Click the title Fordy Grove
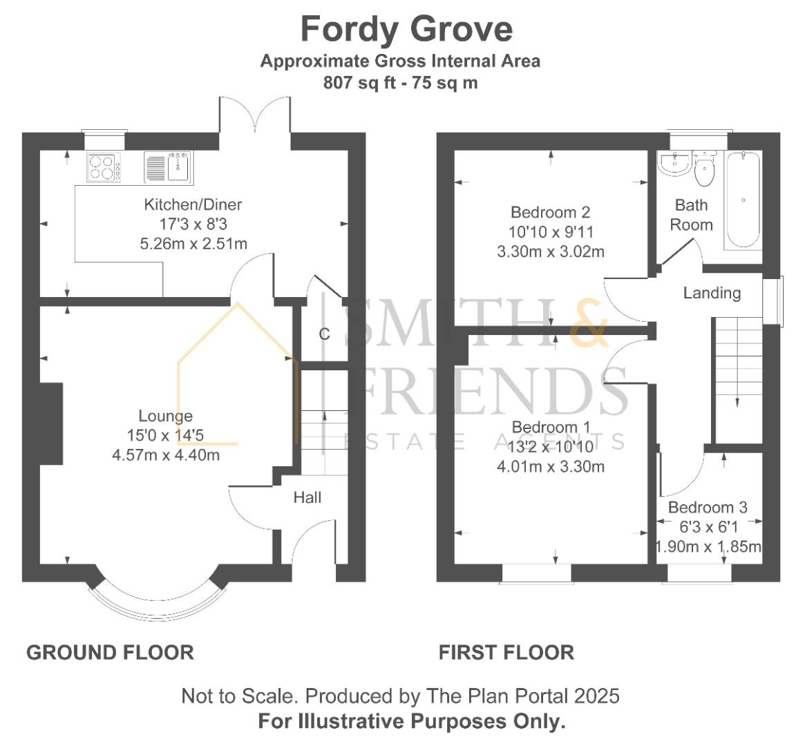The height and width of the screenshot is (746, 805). point(406,29)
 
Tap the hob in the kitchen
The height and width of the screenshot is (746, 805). point(105,167)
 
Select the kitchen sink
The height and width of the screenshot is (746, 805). point(169,167)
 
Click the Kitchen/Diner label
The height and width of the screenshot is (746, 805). point(193,204)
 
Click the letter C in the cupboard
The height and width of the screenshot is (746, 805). point(324,334)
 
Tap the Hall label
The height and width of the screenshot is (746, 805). point(307,497)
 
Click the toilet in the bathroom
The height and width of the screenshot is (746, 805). point(704,169)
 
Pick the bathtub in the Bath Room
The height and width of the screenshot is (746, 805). point(742,200)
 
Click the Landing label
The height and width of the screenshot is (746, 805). point(712,293)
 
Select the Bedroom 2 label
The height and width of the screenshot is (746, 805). point(550,212)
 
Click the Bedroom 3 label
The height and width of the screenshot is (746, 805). point(708,508)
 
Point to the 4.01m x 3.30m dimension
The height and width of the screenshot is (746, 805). point(550,467)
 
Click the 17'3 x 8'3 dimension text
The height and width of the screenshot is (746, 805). point(193,224)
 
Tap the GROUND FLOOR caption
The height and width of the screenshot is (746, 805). point(111,653)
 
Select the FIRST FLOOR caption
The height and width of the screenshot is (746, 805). point(506,653)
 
